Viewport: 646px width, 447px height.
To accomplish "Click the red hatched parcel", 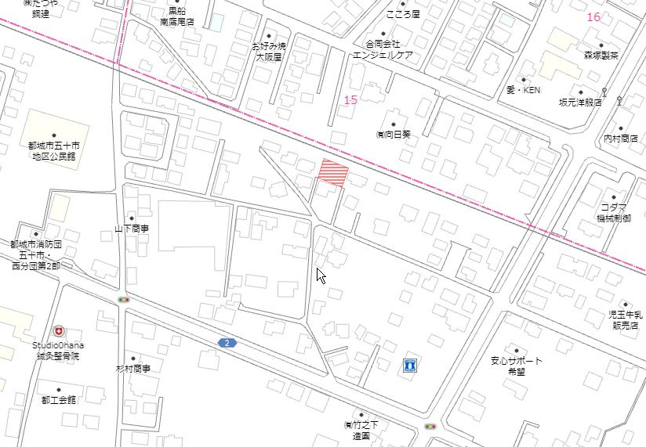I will coord(332,171).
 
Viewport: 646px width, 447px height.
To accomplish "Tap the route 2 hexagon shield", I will coord(227,343).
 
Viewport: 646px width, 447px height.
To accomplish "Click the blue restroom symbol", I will coord(408,366).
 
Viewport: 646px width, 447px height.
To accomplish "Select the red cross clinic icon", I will coord(59,332).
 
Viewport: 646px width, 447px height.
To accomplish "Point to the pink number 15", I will coord(350,99).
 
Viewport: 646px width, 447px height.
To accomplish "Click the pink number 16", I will coord(593,17).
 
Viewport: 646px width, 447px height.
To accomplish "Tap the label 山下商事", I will coord(132,229).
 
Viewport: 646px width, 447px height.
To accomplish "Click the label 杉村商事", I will coord(133,368).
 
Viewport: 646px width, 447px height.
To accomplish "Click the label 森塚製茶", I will coord(601,56).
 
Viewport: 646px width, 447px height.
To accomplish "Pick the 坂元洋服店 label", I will coord(580,102).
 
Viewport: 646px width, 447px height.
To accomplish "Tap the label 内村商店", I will coord(621,139).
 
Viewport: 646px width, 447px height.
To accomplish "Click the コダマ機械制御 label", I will coord(615,212).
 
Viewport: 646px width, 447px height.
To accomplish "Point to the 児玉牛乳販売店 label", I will coord(625,319).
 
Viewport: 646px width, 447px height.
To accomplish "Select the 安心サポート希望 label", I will coord(517,366).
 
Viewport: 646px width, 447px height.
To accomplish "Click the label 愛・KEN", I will coord(523,90).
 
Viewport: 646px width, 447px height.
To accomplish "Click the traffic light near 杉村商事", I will coord(123,299).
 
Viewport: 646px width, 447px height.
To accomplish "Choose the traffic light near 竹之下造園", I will coord(430,427).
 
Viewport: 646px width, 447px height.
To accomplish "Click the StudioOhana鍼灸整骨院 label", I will coord(58,350).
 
